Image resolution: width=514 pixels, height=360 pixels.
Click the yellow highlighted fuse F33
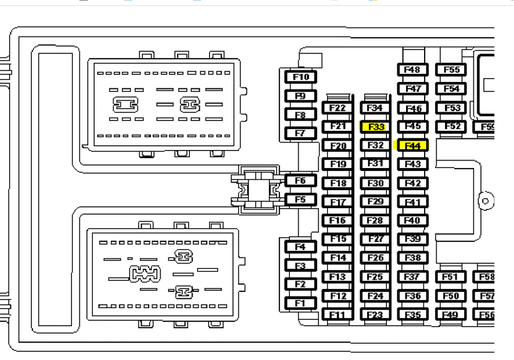pos(375,127)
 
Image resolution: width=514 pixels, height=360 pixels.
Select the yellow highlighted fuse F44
pos(412,146)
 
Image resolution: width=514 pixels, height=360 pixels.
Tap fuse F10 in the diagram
pos(300,77)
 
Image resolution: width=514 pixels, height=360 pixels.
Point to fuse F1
pos(300,304)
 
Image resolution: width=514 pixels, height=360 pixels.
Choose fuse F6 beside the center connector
pos(300,181)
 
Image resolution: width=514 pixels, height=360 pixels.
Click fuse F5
pos(300,199)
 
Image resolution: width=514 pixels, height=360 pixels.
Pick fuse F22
pos(338,108)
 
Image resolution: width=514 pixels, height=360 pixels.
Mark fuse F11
pos(338,314)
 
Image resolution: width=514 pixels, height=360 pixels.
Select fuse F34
pos(375,108)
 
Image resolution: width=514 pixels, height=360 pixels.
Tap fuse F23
pos(375,314)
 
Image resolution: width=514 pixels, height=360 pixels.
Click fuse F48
pos(412,70)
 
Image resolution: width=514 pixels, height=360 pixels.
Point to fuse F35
pos(412,314)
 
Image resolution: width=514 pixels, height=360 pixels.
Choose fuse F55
pos(451,70)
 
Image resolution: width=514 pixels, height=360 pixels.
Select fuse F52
pos(451,126)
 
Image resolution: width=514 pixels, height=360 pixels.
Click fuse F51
pos(450,277)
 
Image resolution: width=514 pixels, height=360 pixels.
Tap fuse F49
pos(450,314)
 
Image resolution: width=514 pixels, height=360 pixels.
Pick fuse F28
pos(375,220)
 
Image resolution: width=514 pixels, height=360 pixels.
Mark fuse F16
pos(338,220)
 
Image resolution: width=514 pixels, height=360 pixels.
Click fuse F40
pos(412,220)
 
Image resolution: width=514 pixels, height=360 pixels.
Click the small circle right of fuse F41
pos(486,201)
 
